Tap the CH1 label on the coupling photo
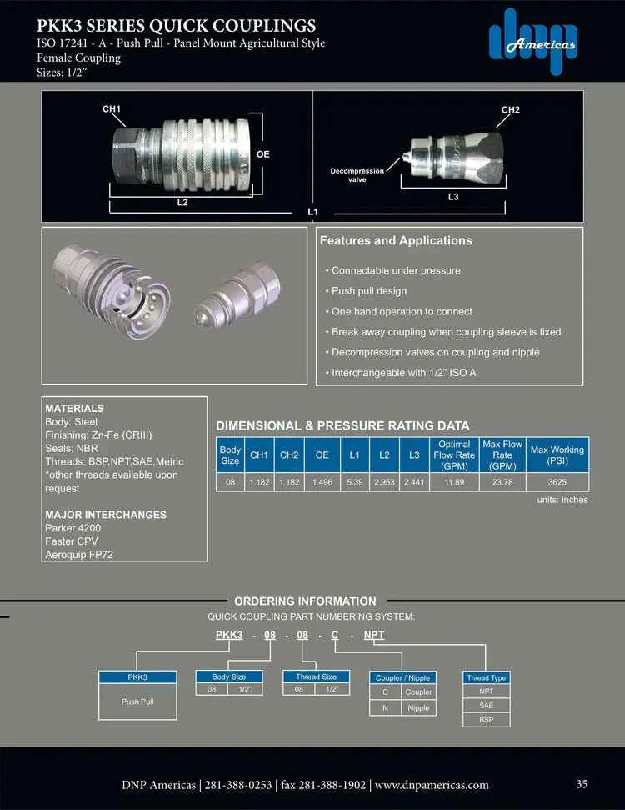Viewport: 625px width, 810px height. [112, 109]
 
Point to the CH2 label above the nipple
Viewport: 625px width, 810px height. [511, 109]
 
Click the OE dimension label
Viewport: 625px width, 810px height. [263, 154]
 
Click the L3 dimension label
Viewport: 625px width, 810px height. [453, 196]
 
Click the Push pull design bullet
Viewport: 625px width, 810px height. [369, 291]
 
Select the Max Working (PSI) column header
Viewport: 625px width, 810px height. [557, 455]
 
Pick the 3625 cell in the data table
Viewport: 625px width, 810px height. [557, 482]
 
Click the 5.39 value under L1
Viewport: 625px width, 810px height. [354, 482]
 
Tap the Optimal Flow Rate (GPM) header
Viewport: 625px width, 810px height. [454, 455]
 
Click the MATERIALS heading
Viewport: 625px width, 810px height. [74, 409]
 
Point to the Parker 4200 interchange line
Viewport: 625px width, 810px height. [74, 528]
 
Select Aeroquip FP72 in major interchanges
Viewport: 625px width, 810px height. [80, 555]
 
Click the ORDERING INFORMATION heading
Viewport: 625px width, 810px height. [305, 601]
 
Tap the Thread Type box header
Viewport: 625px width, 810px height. [487, 677]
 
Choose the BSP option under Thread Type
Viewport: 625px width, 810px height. [487, 719]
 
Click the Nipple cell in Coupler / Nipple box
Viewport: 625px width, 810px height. [417, 707]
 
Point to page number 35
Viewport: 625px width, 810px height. [582, 783]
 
